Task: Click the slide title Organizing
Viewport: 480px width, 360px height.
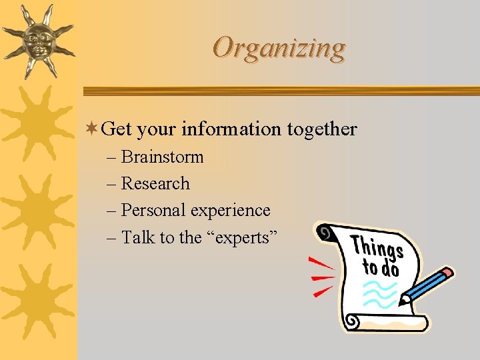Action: pyautogui.click(x=279, y=48)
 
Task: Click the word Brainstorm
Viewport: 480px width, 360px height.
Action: pyautogui.click(x=162, y=157)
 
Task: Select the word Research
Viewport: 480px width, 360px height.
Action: pyautogui.click(x=155, y=184)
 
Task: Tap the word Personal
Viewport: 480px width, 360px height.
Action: pyautogui.click(x=153, y=211)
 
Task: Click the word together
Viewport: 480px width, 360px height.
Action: pyautogui.click(x=322, y=129)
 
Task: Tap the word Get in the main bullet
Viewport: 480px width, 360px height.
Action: pyautogui.click(x=117, y=129)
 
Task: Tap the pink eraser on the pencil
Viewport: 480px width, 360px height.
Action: pyautogui.click(x=448, y=272)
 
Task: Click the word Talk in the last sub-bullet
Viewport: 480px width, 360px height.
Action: pyautogui.click(x=139, y=237)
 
